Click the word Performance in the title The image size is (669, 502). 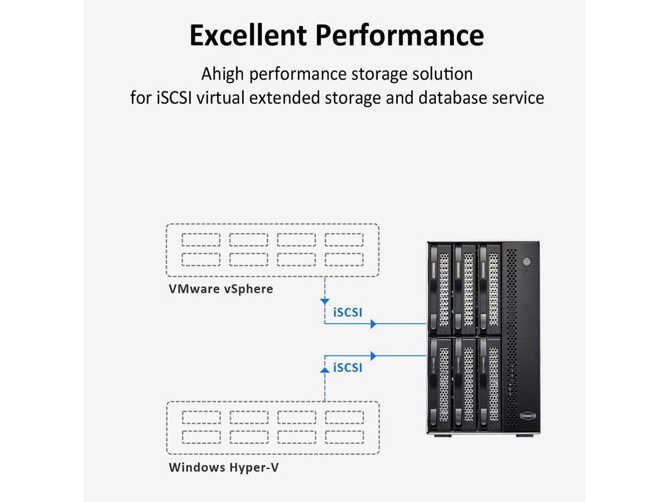click(x=399, y=36)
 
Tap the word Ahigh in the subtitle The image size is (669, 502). click(x=223, y=74)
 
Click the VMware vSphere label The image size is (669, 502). click(x=221, y=289)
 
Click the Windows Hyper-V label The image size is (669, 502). click(x=224, y=467)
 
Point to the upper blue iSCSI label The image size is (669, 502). click(x=348, y=312)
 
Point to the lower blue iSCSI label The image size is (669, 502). click(x=348, y=368)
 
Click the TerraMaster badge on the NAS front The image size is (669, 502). click(x=528, y=416)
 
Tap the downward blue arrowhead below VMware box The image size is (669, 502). click(x=325, y=301)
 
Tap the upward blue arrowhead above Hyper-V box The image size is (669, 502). click(x=325, y=370)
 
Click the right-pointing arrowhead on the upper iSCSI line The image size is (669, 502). click(x=373, y=324)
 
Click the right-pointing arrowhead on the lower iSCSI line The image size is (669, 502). click(x=373, y=356)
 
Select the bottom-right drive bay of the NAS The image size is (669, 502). click(x=490, y=382)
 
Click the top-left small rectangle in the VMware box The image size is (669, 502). click(x=201, y=239)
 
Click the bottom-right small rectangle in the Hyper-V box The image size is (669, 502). click(x=344, y=437)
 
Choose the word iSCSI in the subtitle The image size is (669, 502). click(x=174, y=98)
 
